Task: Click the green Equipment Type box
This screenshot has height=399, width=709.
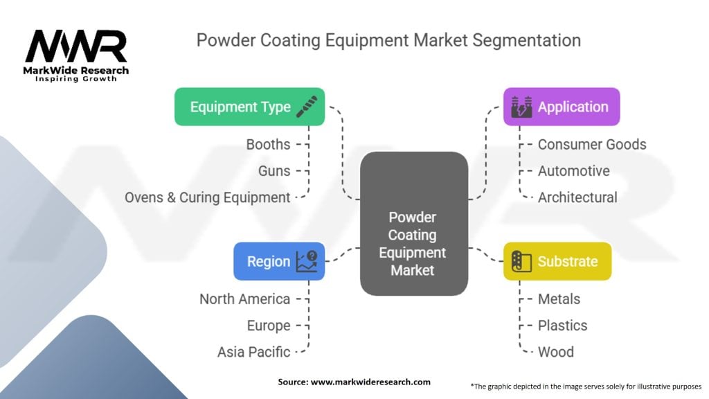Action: [x=249, y=107]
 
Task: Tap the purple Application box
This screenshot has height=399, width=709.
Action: [x=562, y=107]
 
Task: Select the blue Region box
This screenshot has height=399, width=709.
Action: [x=279, y=261]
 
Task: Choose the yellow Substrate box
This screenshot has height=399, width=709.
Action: [x=557, y=261]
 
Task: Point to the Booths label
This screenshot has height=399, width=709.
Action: [x=268, y=144]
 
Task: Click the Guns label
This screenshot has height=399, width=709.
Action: [x=274, y=170]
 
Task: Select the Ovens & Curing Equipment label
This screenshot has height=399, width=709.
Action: [x=207, y=197]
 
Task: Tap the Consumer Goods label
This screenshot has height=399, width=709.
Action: [x=592, y=144]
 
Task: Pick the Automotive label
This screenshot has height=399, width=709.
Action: [x=574, y=170]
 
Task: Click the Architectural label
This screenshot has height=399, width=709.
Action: [x=577, y=197]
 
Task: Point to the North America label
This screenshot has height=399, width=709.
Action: [x=244, y=299]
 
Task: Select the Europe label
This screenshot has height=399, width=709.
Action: [x=269, y=326]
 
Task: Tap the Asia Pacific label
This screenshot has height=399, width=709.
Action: [x=253, y=352]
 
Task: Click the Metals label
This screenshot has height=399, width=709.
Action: [x=559, y=299]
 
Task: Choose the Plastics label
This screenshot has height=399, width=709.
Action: [x=563, y=326]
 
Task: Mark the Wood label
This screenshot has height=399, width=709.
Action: [x=556, y=352]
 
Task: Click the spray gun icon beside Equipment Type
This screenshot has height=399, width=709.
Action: [x=306, y=107]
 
